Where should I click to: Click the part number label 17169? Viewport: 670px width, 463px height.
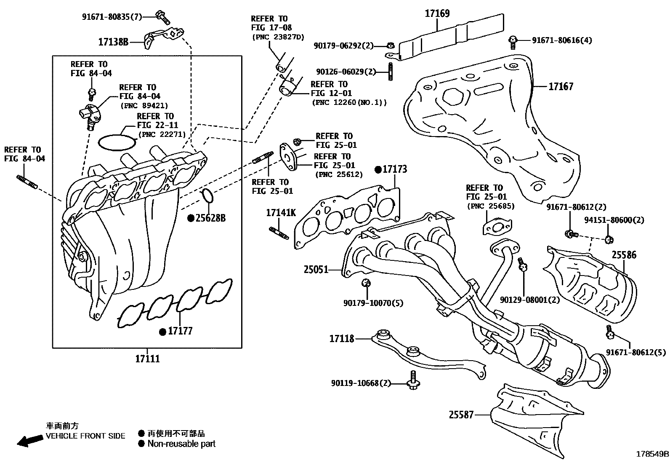coord(437,13)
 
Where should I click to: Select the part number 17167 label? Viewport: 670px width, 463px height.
coord(561,86)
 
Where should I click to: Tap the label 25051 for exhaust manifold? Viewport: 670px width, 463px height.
coord(316,269)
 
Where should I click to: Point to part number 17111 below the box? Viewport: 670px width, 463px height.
coord(147,359)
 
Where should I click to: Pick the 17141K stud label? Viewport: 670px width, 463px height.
coord(281,213)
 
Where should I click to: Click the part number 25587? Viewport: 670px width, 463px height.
coord(461,415)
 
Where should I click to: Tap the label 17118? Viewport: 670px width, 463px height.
coord(342,338)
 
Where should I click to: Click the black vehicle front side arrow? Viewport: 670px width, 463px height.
coord(30,441)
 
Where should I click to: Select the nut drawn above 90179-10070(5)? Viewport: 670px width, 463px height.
coord(366,283)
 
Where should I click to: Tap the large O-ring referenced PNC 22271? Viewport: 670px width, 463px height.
coord(117,142)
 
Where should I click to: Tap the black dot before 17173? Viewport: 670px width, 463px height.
coord(378,169)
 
